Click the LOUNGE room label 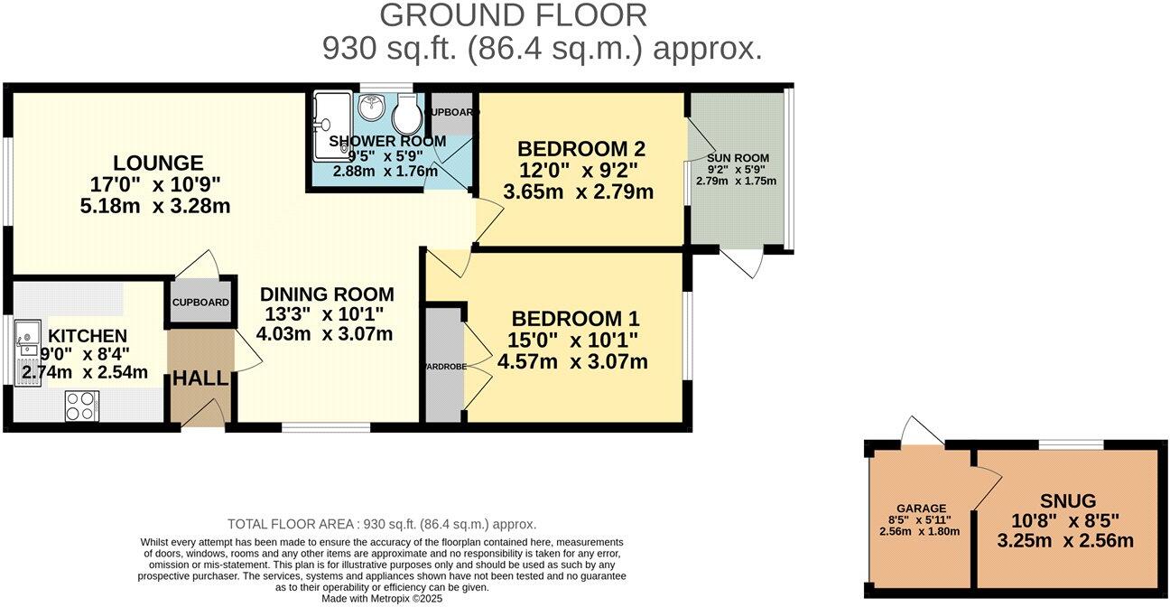[158, 163]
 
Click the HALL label [200, 378]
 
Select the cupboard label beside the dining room [200, 303]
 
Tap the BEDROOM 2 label [580, 149]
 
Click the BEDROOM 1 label [575, 319]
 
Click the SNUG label [1067, 500]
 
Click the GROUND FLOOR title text [513, 15]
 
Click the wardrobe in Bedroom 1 [442, 366]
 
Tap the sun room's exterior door [748, 262]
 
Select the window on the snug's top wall [1071, 444]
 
